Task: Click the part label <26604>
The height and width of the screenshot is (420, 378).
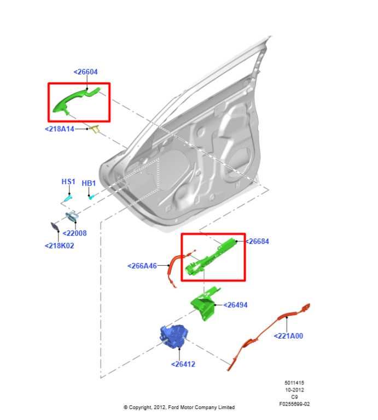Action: pyautogui.click(x=85, y=72)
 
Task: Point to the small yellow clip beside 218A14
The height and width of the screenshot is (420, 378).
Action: pyautogui.click(x=95, y=129)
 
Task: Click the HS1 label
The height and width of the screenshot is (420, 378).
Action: pyautogui.click(x=68, y=182)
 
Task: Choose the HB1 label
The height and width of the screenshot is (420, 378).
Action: pyautogui.click(x=89, y=183)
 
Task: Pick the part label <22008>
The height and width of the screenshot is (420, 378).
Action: pyautogui.click(x=74, y=234)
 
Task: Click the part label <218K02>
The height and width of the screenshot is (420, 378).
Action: pyautogui.click(x=59, y=246)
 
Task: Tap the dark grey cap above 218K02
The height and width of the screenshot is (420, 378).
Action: pyautogui.click(x=55, y=227)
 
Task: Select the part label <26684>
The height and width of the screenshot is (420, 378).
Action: pyautogui.click(x=257, y=241)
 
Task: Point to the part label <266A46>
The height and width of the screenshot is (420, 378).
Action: pyautogui.click(x=142, y=266)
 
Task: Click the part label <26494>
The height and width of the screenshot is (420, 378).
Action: pyautogui.click(x=235, y=305)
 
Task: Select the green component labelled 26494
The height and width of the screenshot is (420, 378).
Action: pyautogui.click(x=203, y=305)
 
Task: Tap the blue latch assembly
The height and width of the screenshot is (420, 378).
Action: pyautogui.click(x=175, y=335)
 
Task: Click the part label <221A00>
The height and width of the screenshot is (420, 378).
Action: pyautogui.click(x=288, y=336)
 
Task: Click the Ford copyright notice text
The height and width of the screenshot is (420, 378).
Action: pyautogui.click(x=179, y=407)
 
